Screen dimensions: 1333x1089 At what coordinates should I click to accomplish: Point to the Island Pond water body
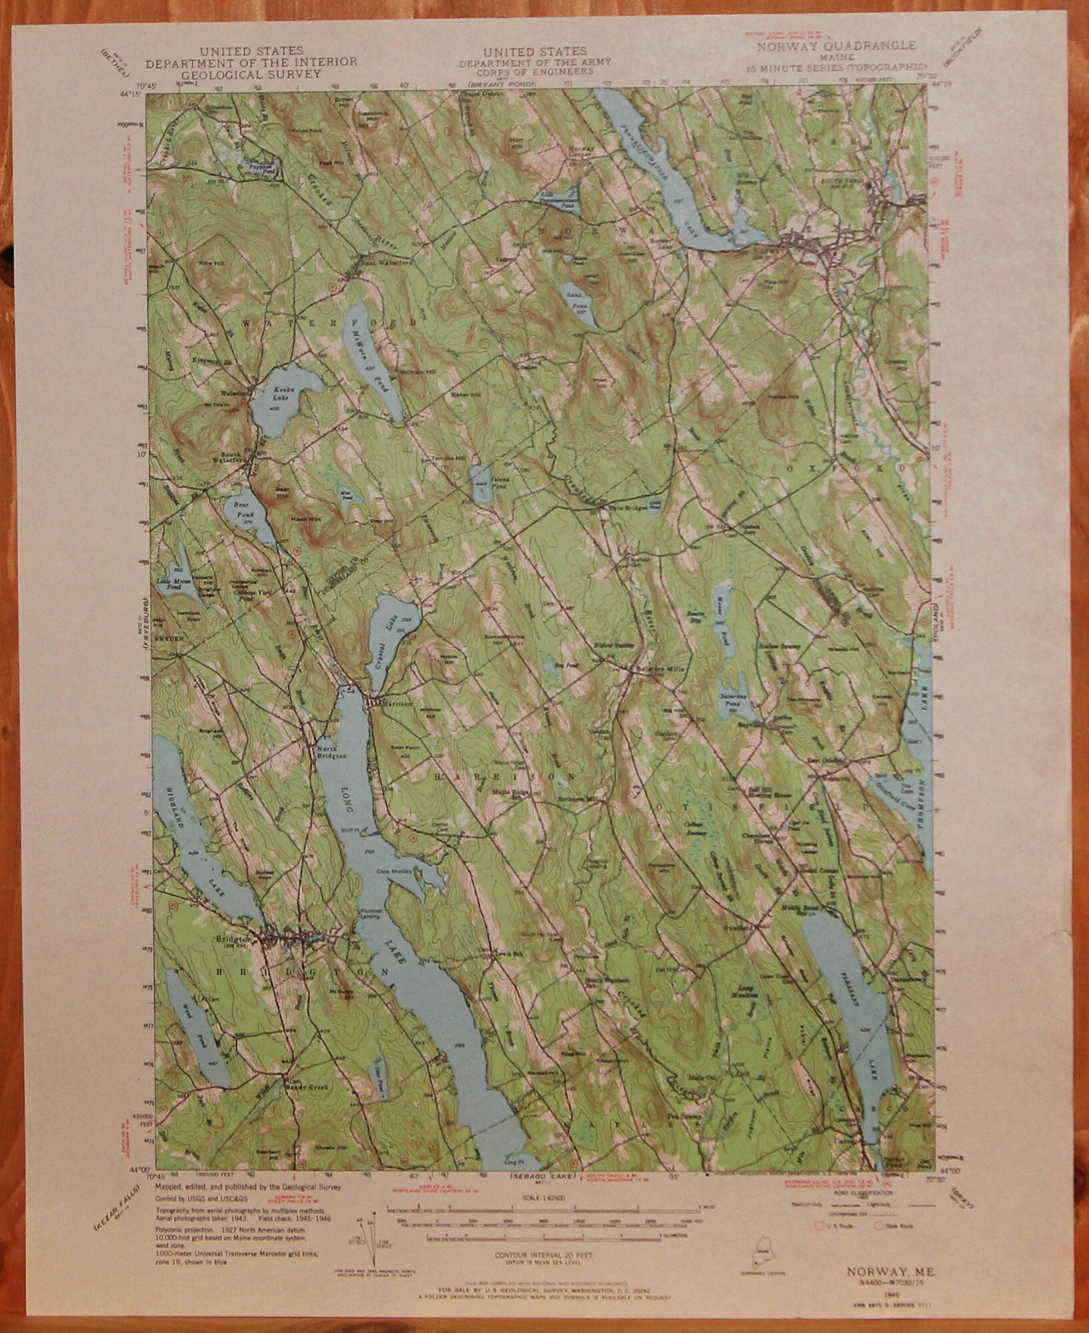[x=481, y=485]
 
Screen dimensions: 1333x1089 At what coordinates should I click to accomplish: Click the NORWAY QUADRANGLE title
[x=835, y=47]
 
